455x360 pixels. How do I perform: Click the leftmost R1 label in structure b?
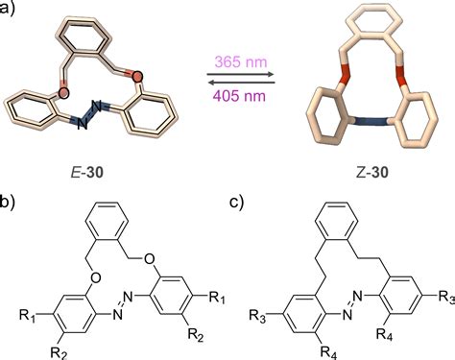click(x=30, y=312)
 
